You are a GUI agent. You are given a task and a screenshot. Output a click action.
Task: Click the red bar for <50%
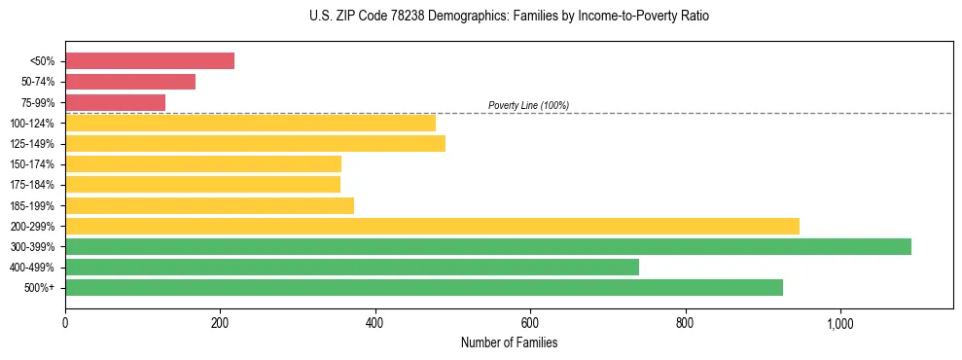coord(150,61)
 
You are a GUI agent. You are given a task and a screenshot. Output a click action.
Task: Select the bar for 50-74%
coord(130,82)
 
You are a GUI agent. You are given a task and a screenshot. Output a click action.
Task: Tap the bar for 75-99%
coord(115,102)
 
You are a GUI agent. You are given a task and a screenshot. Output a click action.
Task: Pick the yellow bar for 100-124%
coord(250,123)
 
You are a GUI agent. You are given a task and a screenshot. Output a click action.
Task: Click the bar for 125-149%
coord(255,143)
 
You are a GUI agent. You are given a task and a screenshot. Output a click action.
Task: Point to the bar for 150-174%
coord(203,163)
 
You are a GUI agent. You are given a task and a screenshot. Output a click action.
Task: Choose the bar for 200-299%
coord(432,226)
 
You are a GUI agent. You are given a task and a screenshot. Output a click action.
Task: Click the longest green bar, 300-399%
coord(488,246)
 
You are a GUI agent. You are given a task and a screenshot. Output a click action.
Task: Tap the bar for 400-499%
coord(352,267)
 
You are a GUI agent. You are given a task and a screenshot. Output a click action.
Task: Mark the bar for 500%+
coord(424,287)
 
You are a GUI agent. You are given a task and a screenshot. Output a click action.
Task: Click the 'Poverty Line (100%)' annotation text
coord(528,105)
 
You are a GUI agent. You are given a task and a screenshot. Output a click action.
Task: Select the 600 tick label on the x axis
coord(530,323)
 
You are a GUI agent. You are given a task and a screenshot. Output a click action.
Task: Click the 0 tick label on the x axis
coord(65,323)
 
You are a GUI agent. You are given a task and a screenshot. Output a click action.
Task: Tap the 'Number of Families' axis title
coord(509,342)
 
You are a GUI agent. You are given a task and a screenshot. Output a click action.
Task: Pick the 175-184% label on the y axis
coord(31,185)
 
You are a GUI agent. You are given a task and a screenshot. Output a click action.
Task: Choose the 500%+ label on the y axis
coord(40,288)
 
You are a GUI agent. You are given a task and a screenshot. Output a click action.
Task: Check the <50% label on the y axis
coord(42,61)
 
